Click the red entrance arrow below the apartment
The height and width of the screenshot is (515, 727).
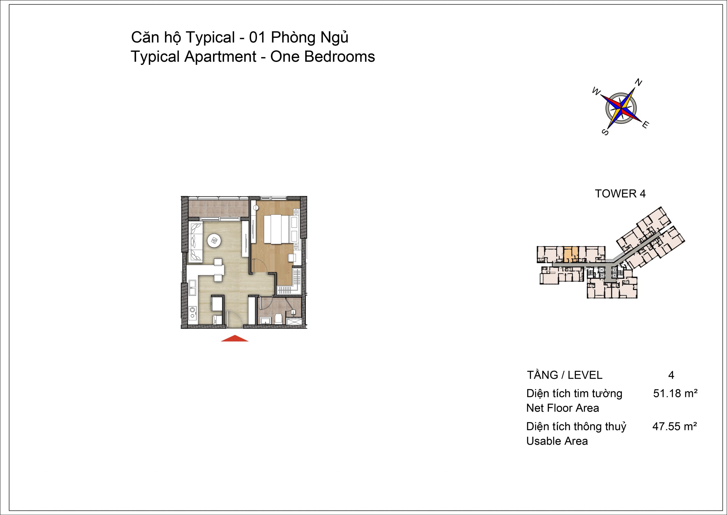(x=235, y=338)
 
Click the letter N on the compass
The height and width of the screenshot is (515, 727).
(x=638, y=83)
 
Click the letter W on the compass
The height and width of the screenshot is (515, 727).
(x=597, y=92)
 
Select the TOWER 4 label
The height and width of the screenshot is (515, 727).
(x=620, y=194)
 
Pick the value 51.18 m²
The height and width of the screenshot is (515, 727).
(x=675, y=394)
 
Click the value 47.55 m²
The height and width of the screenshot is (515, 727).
(x=675, y=427)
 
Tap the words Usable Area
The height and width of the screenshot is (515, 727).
(x=557, y=441)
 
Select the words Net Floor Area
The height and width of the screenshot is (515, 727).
(x=563, y=408)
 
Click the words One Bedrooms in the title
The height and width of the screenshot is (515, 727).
(x=323, y=57)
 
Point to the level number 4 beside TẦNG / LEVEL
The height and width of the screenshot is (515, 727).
(x=671, y=375)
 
